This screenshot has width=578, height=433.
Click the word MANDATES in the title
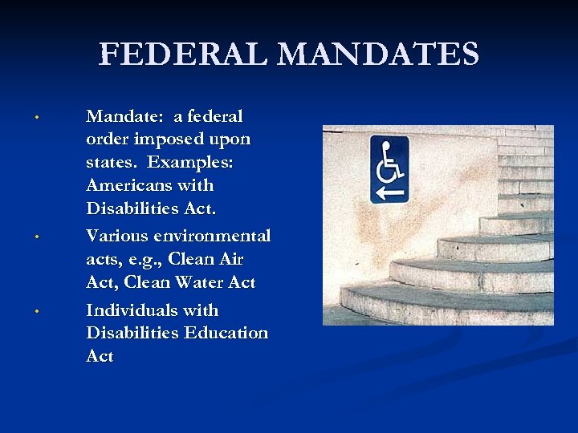pos(382,55)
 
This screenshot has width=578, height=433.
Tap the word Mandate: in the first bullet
pos(123,116)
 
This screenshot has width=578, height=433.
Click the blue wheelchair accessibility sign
pos(389,169)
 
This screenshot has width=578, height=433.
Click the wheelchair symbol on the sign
pos(390,160)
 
